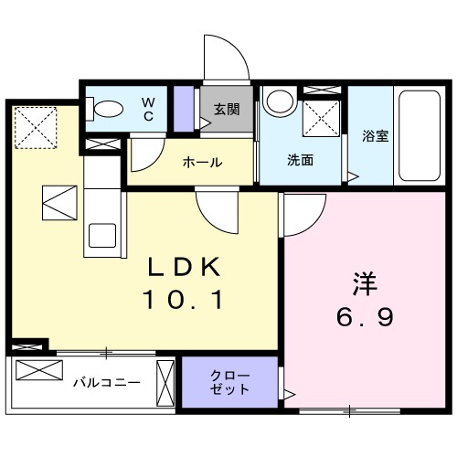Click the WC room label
point(147,109)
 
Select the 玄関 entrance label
point(227,110)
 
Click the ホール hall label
point(202,163)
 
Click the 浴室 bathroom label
point(376,137)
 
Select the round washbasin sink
point(277,101)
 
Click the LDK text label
point(186,268)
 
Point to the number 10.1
point(186,299)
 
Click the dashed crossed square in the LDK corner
point(37,125)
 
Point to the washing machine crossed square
point(322,118)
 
